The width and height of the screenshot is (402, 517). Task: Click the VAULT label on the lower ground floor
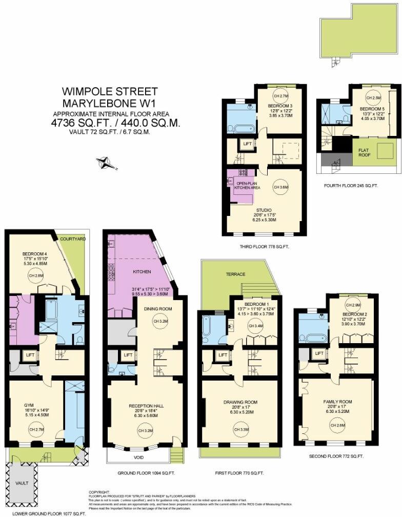pos(22,482)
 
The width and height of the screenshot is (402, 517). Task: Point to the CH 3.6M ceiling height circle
pos(280,187)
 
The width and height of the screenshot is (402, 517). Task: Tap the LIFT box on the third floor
pos(247,144)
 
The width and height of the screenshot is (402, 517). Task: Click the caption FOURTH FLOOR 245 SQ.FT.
pos(351,186)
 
